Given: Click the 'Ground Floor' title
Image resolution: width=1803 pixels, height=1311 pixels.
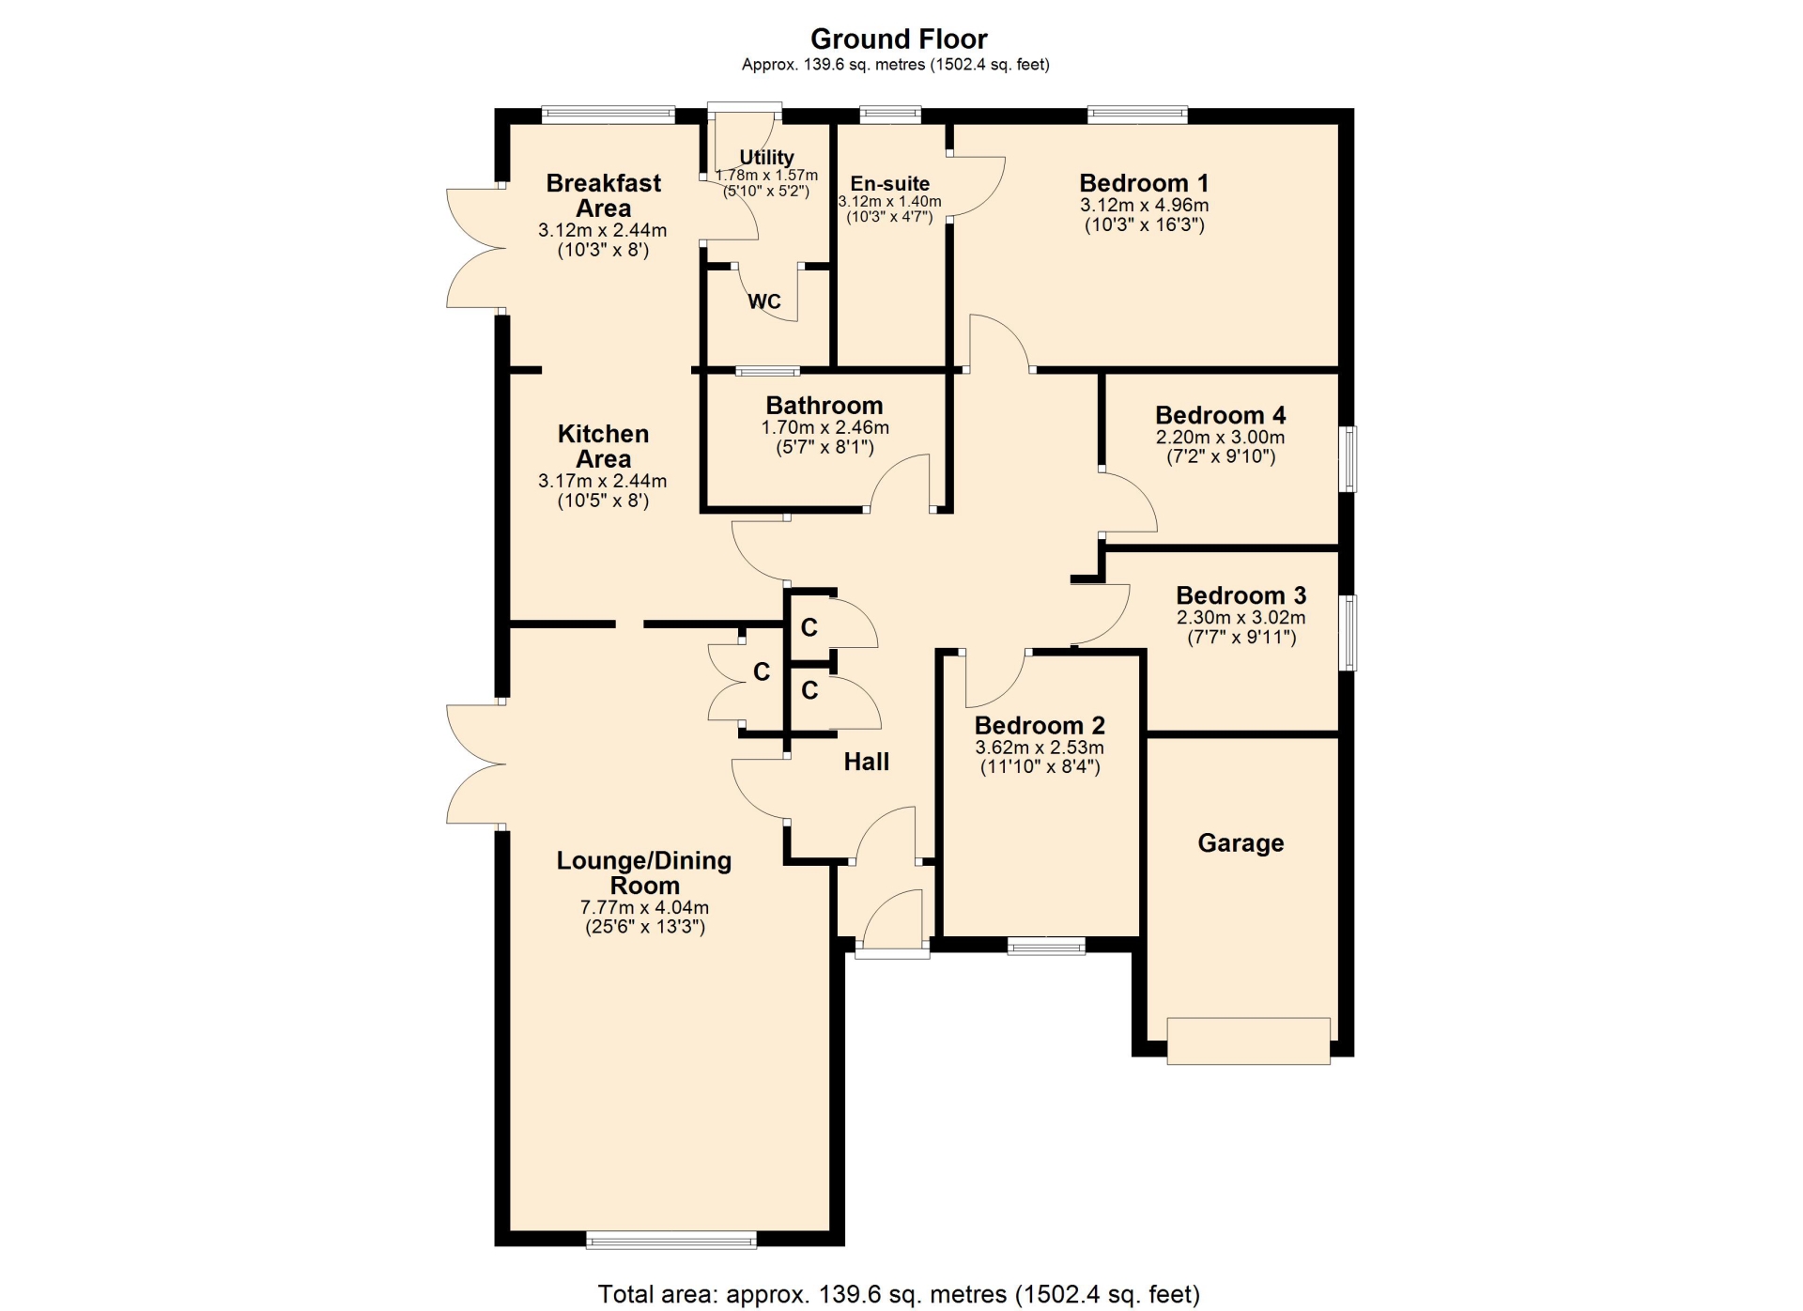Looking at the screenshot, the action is tap(899, 39).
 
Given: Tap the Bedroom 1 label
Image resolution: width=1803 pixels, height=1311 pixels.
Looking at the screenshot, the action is tap(1144, 183).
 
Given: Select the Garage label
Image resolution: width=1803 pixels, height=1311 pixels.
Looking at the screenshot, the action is tap(1241, 843).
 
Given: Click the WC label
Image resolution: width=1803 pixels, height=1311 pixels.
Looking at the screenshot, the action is tap(764, 301).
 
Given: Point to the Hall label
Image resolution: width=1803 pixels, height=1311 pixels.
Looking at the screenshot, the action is tap(866, 762).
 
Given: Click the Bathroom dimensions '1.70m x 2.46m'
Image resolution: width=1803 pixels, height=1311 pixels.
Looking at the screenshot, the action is tap(824, 428).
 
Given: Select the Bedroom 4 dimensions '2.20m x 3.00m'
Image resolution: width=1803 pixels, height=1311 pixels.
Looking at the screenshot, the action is tap(1220, 438).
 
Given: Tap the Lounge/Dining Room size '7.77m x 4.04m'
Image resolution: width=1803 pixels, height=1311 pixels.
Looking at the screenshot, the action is tap(644, 908).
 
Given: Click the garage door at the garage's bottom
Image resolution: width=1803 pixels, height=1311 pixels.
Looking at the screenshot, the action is tap(1248, 1041).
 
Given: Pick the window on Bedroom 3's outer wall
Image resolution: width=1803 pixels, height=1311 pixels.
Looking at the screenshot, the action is tap(1348, 632).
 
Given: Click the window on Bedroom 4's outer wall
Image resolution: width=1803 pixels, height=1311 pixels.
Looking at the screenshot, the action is tap(1348, 458).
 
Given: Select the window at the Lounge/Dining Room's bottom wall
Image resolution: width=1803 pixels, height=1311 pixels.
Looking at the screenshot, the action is tap(671, 1240).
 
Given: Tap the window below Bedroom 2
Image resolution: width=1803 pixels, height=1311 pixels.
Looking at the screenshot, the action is tap(1046, 946).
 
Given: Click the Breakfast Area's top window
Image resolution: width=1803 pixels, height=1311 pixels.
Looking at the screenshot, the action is tap(609, 116).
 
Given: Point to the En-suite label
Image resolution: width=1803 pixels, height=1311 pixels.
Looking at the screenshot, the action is tap(890, 184).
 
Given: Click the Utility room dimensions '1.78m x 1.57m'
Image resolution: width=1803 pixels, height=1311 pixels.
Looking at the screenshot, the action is tap(766, 176).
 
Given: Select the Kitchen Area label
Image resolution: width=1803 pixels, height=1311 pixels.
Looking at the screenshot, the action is tap(603, 446).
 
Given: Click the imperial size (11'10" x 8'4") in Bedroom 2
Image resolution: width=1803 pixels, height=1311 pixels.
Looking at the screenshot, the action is tap(1040, 767).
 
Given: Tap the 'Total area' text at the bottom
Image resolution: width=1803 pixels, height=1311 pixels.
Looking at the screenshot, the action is tap(899, 1295).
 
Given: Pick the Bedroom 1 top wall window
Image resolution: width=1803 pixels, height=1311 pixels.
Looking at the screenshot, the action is tap(1137, 116).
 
